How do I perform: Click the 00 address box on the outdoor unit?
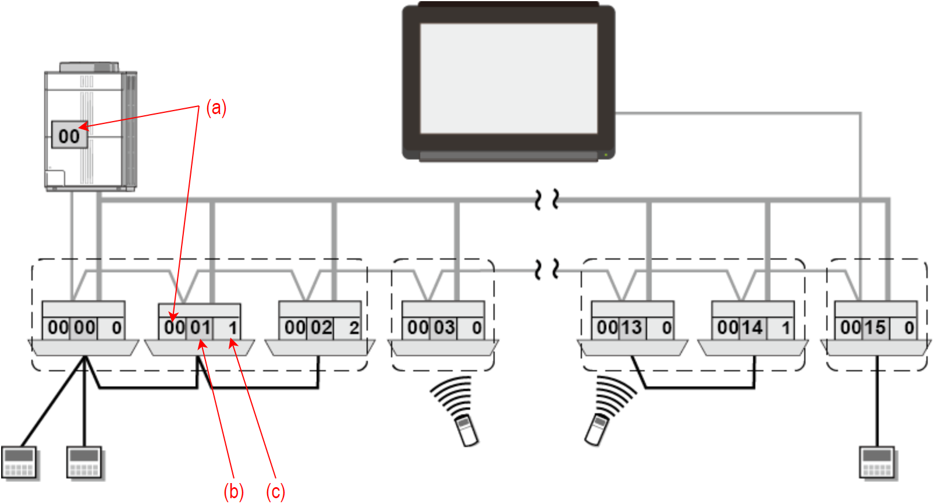69,135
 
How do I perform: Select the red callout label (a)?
216,108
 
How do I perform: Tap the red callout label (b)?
233,492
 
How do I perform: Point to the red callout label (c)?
275,492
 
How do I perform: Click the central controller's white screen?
508,79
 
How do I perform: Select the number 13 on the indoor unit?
632,328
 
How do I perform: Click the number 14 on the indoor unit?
752,328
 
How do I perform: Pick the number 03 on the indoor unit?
444,328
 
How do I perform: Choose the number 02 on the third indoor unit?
321,328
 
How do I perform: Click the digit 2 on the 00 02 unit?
353,328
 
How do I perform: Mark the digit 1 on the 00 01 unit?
233,328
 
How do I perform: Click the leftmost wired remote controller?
19,463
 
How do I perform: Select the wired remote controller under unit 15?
878,463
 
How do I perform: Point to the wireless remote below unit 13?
596,430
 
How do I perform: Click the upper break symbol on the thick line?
546,200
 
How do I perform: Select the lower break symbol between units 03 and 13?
546,269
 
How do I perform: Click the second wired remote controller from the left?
85,463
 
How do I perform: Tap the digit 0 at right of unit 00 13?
667,328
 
